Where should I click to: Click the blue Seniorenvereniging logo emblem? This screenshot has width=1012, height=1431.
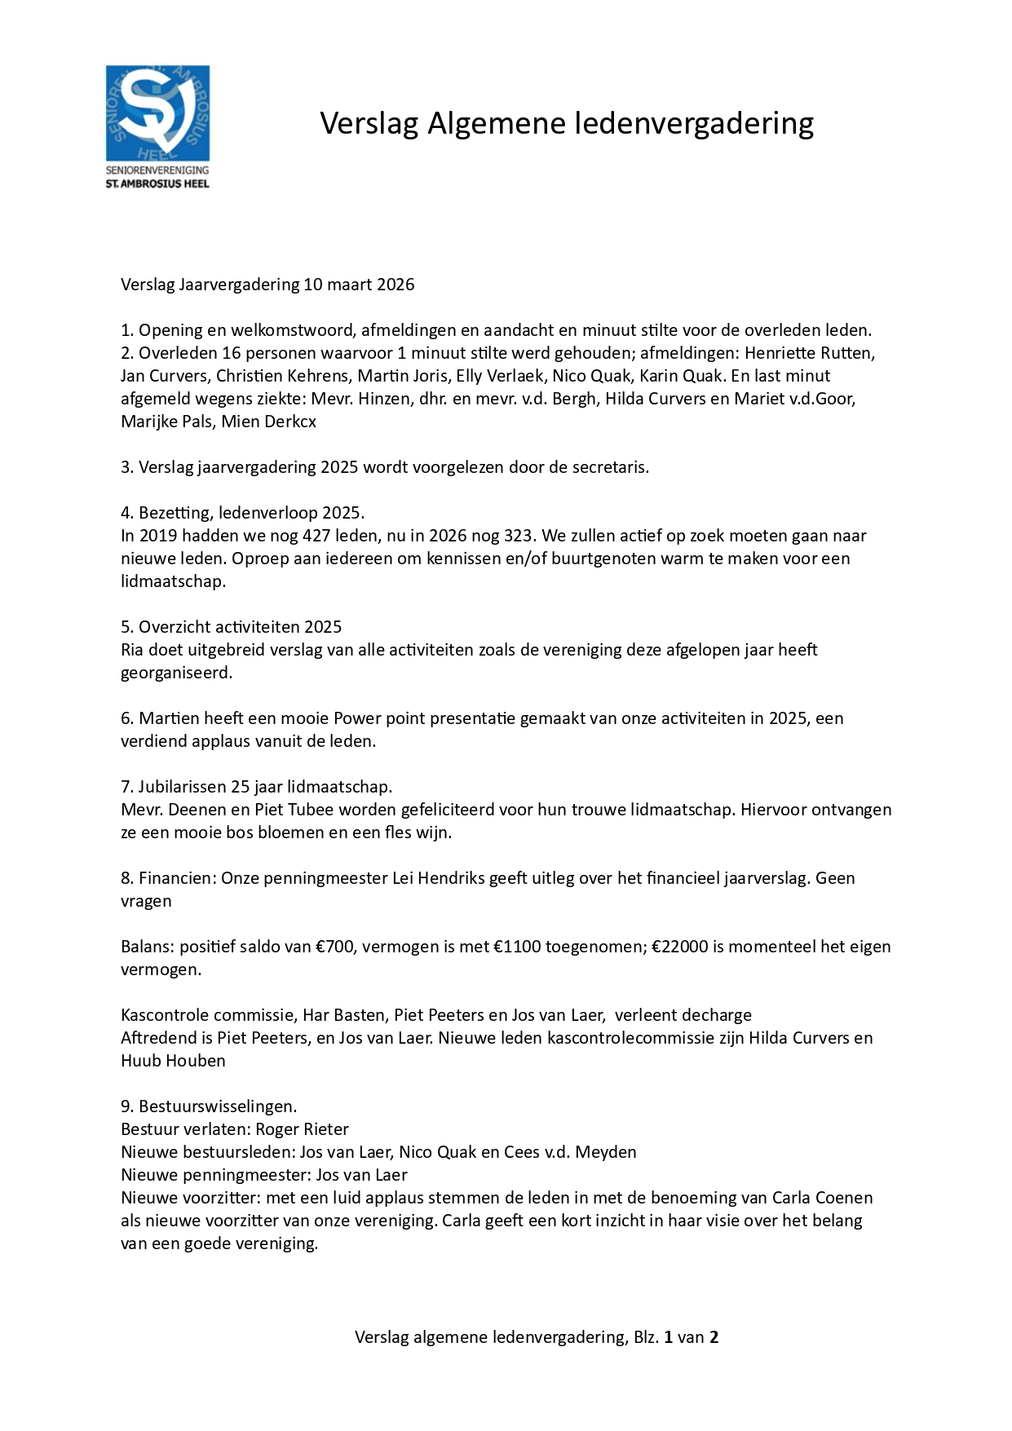click(x=157, y=113)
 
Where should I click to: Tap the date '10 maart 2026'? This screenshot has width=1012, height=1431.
click(x=359, y=285)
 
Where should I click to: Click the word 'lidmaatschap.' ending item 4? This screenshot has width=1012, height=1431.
click(x=173, y=581)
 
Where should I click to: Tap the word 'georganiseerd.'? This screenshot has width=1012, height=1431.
click(x=176, y=673)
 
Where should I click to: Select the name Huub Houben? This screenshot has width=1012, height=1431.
click(x=173, y=1061)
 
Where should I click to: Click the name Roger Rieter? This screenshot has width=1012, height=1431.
click(x=302, y=1129)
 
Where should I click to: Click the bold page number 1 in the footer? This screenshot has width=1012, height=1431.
click(x=669, y=1337)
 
